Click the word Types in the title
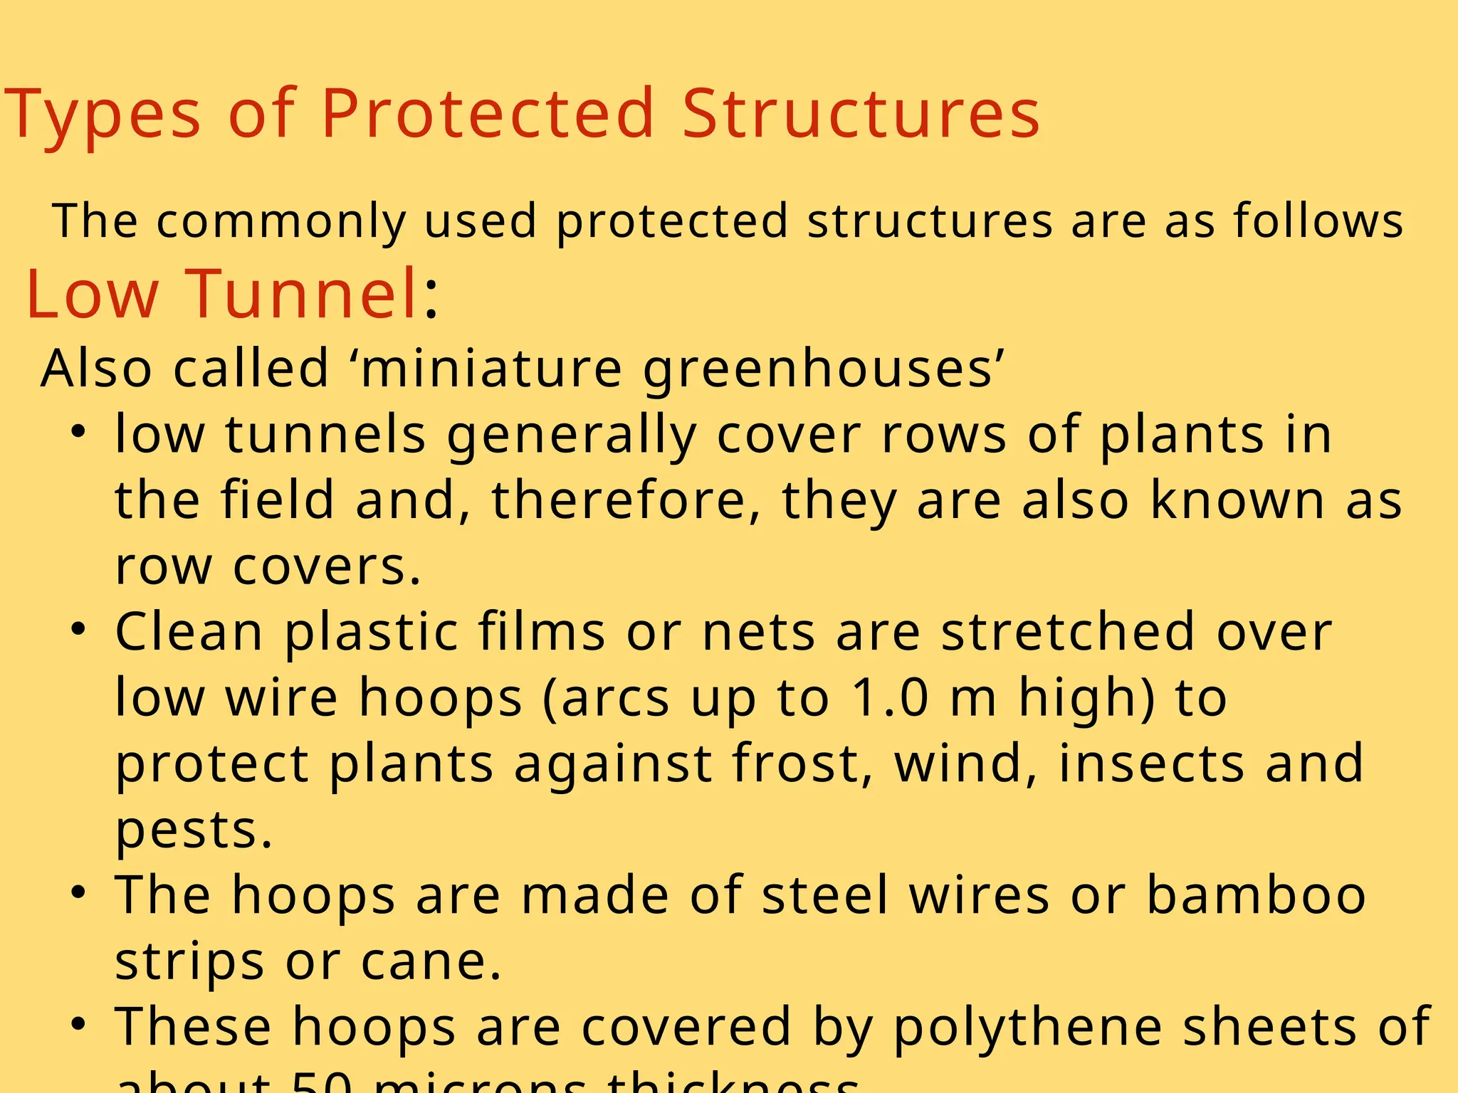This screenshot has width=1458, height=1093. (x=103, y=114)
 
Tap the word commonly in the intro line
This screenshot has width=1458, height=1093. (x=281, y=221)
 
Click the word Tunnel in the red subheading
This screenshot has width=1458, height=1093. (x=302, y=293)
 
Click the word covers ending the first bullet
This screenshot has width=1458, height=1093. (x=327, y=567)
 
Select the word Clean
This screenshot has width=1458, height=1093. (x=189, y=632)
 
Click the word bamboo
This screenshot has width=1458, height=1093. (x=1256, y=895)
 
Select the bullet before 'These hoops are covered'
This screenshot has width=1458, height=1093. (x=78, y=1024)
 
